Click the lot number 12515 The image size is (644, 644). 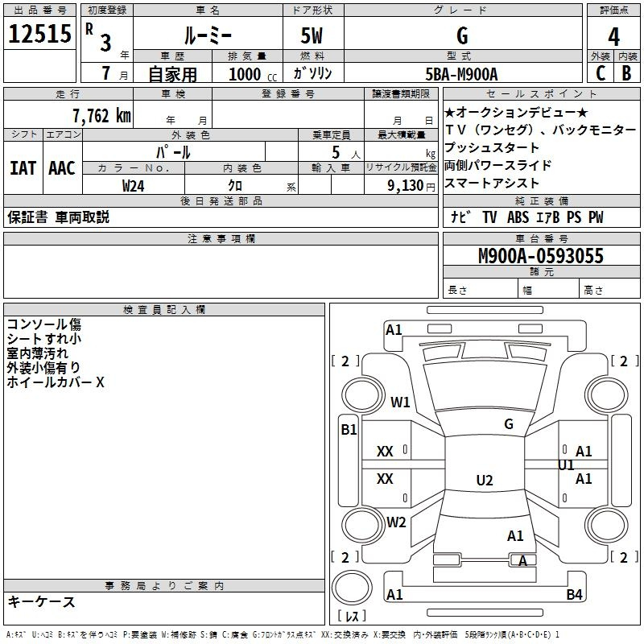point(40,35)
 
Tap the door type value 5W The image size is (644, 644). point(312,35)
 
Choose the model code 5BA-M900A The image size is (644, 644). point(461,74)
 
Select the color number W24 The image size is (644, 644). point(134,185)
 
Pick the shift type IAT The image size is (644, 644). point(23,168)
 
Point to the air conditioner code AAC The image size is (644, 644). point(61,168)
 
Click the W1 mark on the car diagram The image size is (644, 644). point(400,402)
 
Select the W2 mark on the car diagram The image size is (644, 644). point(396,522)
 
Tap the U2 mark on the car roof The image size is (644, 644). point(484,481)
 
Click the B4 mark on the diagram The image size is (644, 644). point(574,595)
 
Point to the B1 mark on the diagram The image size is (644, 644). point(348,430)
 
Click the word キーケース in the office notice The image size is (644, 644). point(41,601)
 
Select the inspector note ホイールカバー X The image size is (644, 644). point(55,382)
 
